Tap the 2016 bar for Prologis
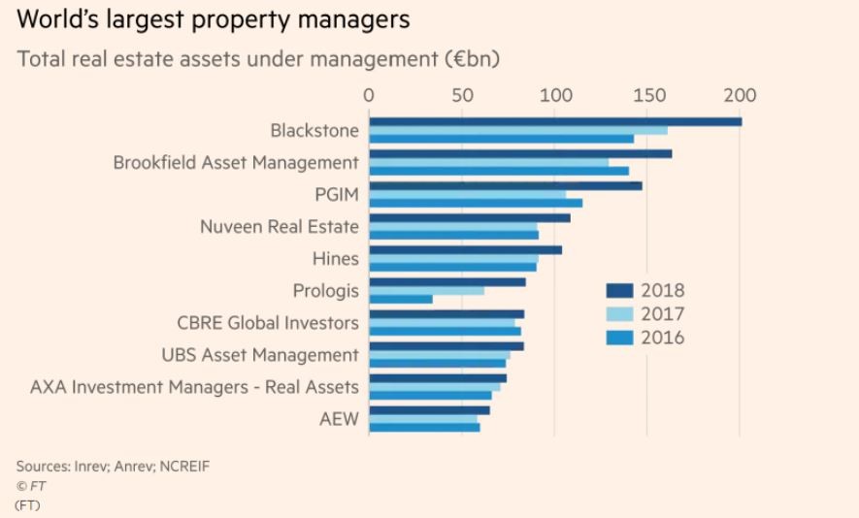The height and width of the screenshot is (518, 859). click(401, 299)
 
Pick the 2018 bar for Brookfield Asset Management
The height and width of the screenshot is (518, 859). click(520, 153)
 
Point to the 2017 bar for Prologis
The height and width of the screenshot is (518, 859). click(427, 290)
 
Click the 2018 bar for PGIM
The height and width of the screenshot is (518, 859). click(506, 185)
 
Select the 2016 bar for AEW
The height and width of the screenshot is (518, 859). click(424, 427)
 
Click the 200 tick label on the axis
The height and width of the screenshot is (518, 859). click(740, 95)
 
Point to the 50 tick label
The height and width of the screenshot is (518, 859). click(463, 95)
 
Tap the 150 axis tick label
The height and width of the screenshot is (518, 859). click(647, 95)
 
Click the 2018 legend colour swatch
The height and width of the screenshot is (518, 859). click(618, 290)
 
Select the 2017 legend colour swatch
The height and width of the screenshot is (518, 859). click(618, 314)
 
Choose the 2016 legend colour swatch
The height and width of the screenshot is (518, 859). click(618, 338)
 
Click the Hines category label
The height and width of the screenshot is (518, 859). click(335, 259)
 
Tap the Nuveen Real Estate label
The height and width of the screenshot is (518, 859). click(279, 227)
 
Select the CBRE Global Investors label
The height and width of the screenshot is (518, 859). click(268, 323)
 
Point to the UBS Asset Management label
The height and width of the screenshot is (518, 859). click(260, 355)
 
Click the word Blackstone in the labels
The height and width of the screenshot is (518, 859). click(315, 131)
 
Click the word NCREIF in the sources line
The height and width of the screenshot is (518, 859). click(183, 466)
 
